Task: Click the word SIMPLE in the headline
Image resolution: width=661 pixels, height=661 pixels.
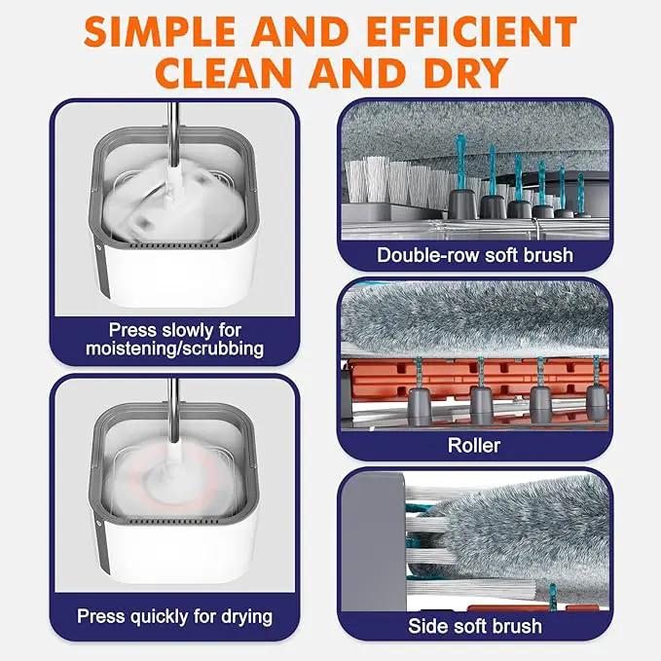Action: (x=160, y=32)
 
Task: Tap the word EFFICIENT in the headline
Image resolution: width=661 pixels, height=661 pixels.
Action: (x=472, y=32)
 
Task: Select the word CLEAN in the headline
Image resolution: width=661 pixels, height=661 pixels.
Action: (x=224, y=73)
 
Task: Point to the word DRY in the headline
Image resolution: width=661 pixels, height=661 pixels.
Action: (x=466, y=73)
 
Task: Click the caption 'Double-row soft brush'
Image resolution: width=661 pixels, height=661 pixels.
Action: (x=475, y=255)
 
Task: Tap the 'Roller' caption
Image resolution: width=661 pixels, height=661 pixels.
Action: (x=474, y=445)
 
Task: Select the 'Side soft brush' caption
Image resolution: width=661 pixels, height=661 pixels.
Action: (x=475, y=626)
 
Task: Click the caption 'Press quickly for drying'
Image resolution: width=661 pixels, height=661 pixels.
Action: (x=174, y=617)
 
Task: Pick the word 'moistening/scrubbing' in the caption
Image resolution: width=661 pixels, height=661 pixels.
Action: (x=174, y=349)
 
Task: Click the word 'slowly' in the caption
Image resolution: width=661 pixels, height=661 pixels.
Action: (x=188, y=330)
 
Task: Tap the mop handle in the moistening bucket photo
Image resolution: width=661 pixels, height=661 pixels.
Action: (x=173, y=134)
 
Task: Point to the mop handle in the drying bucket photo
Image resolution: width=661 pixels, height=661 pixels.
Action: (x=173, y=410)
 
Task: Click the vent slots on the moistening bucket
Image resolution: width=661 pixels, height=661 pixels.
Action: (x=174, y=245)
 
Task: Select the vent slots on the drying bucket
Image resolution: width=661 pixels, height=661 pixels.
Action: (x=173, y=522)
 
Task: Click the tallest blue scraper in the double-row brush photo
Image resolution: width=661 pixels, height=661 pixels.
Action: (x=459, y=163)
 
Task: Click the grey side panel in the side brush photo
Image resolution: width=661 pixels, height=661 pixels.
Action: (x=373, y=541)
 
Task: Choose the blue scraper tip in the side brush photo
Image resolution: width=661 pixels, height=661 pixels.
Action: (x=554, y=596)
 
